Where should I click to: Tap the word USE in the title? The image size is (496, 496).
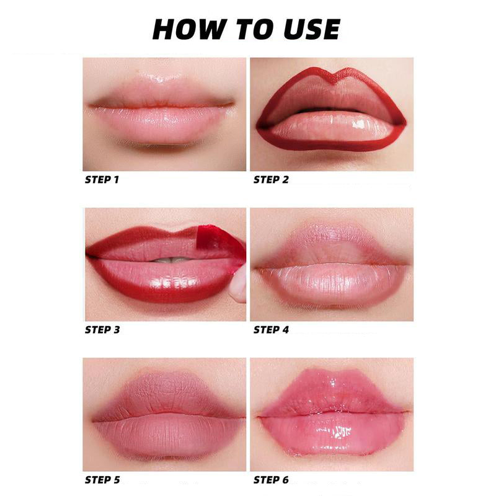click(312, 29)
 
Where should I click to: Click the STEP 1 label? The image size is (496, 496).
click(102, 180)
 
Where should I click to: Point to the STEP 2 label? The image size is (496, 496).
click(271, 180)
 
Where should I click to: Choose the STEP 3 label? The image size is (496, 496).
click(102, 330)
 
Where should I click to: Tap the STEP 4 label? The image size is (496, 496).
click(271, 330)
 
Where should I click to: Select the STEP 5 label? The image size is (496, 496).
click(102, 480)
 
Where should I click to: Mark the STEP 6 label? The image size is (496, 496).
click(271, 480)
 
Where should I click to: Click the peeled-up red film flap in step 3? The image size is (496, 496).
click(218, 242)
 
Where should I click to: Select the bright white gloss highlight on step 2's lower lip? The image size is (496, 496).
click(358, 125)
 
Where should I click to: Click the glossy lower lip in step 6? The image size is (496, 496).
click(332, 434)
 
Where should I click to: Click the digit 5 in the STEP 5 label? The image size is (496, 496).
click(117, 480)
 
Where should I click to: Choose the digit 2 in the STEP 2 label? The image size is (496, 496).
click(286, 180)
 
